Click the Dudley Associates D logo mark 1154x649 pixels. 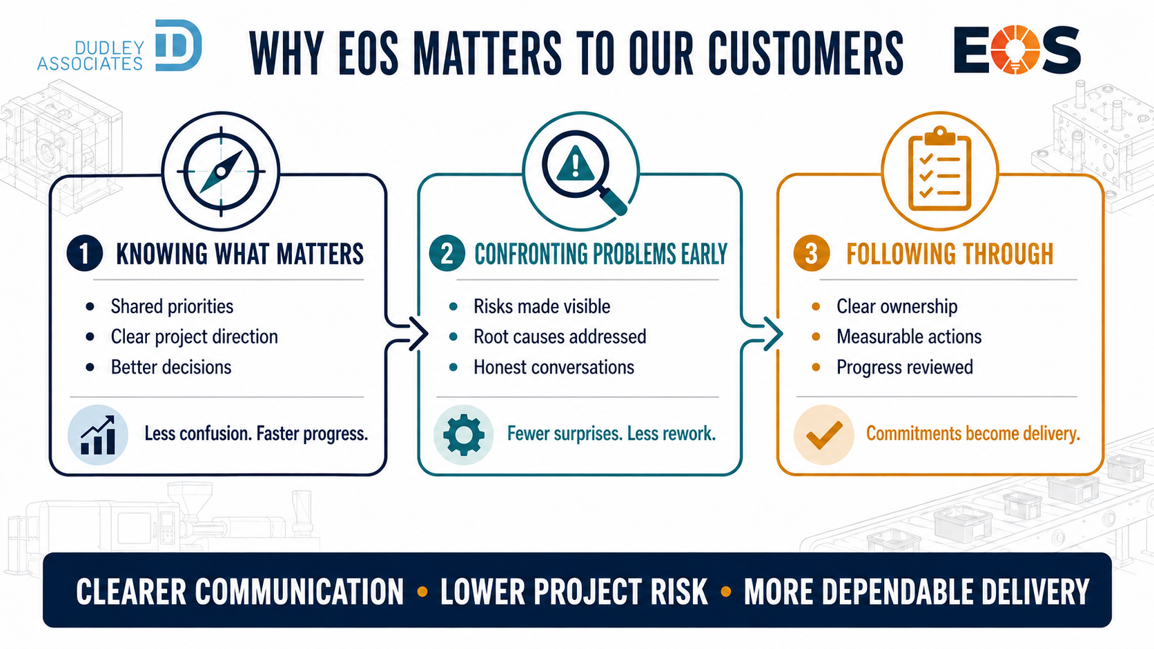pyautogui.click(x=178, y=46)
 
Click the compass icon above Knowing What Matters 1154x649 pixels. pyautogui.click(x=221, y=171)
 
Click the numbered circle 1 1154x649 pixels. pyautogui.click(x=84, y=253)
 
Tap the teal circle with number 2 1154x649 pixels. pyautogui.click(x=447, y=253)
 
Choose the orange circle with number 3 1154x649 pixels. pyautogui.click(x=812, y=253)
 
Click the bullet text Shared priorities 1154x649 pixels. pyautogui.click(x=172, y=307)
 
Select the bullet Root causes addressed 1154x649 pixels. pyautogui.click(x=560, y=337)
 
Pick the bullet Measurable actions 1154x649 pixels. pyautogui.click(x=909, y=337)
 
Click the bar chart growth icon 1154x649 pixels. pyautogui.click(x=98, y=435)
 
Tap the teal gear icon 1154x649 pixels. pyautogui.click(x=463, y=435)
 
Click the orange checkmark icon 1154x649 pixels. pyautogui.click(x=824, y=435)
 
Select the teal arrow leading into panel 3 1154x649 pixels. pyautogui.click(x=763, y=334)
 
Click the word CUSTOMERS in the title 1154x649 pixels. pyautogui.click(x=805, y=52)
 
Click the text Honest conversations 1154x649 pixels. pyautogui.click(x=554, y=367)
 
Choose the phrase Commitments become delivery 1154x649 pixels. pyautogui.click(x=972, y=433)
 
